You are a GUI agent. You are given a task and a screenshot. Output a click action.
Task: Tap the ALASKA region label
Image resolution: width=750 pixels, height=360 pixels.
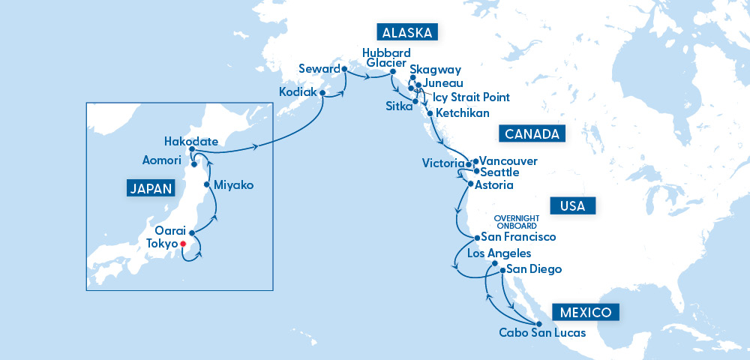point(407,32)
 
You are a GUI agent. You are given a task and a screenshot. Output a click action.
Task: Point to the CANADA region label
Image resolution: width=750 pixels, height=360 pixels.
point(531,134)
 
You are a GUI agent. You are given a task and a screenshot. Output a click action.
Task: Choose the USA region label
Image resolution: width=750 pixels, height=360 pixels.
point(572,205)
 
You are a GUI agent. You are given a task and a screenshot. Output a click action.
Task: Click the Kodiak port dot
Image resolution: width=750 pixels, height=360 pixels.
point(322,94)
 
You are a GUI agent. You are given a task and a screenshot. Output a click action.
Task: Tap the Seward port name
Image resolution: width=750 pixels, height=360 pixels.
point(319,68)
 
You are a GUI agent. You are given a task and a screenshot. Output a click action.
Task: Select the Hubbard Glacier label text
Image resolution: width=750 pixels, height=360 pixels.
point(386,58)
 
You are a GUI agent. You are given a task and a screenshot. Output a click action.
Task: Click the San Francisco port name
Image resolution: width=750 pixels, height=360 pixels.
point(518,236)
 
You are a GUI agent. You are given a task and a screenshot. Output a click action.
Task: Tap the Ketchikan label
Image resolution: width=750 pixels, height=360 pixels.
point(462,113)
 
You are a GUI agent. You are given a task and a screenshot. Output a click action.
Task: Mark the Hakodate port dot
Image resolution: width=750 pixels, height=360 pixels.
point(192,148)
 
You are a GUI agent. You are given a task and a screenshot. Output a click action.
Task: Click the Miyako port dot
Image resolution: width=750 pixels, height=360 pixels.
point(207,184)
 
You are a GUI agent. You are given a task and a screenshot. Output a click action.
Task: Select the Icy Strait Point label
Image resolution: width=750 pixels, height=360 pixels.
point(471,97)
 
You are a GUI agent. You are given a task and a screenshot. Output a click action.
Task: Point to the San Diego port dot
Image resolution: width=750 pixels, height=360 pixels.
point(502,269)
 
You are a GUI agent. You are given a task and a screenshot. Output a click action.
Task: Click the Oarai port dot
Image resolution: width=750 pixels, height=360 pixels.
point(191,232)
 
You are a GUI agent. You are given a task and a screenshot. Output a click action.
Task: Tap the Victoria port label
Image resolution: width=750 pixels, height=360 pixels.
point(443,163)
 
